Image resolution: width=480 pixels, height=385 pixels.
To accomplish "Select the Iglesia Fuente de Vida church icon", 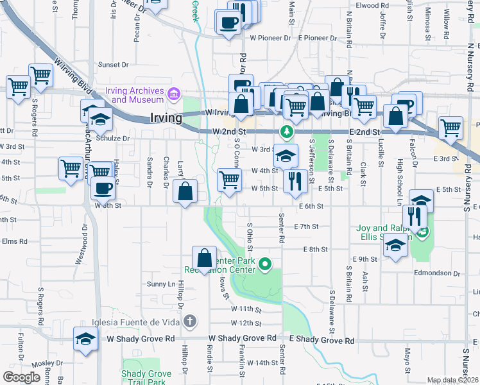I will [189, 320].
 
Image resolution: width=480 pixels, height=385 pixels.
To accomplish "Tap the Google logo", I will [21, 377].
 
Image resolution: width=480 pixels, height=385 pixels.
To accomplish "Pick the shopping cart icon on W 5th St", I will [229, 180].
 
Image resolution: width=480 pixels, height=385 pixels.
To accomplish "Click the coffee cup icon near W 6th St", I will [103, 188].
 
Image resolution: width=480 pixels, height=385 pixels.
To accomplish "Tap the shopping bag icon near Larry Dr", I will [185, 191].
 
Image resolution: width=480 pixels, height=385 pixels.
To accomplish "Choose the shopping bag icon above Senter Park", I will [204, 259].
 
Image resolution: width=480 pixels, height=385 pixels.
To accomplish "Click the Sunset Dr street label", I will [114, 65].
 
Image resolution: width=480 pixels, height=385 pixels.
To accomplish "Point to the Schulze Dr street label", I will [108, 138].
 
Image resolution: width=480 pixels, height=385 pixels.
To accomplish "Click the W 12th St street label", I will [246, 323].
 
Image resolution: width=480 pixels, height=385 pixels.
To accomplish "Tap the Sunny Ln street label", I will [160, 284].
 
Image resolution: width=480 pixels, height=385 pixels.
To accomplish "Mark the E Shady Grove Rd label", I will [322, 339].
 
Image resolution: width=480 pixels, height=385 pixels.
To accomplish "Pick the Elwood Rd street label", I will [366, 6].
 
